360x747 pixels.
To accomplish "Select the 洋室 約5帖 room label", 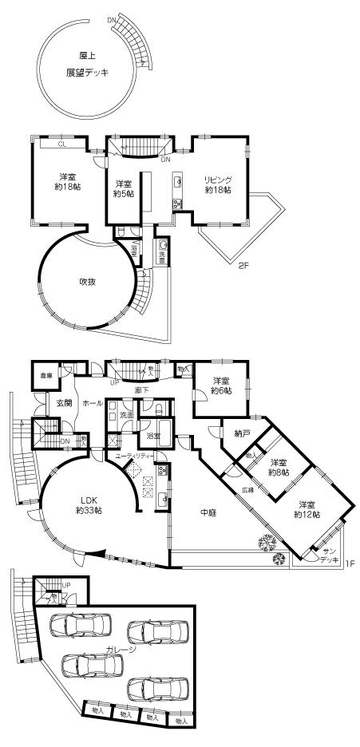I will [x=122, y=188].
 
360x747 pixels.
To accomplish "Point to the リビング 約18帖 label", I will [x=216, y=185].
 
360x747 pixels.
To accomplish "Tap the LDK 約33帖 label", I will [x=81, y=505].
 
